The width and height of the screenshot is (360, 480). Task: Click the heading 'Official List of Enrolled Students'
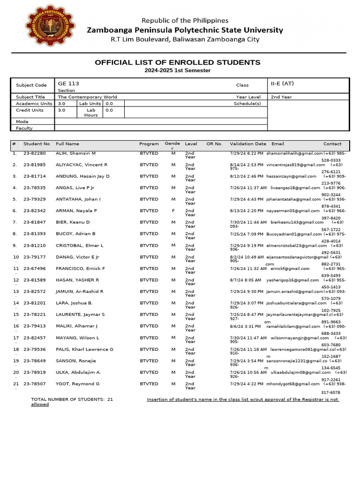tap(178, 62)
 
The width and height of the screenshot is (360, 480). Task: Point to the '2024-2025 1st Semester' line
tap(178, 70)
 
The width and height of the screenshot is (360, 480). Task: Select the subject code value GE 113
tap(68, 83)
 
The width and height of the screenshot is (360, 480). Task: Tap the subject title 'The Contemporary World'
tap(87, 97)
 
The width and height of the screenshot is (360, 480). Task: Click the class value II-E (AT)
tap(282, 83)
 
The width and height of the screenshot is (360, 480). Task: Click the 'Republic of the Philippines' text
tap(185, 21)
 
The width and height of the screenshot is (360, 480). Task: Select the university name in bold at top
tap(185, 30)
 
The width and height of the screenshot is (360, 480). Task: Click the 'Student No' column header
tap(37, 144)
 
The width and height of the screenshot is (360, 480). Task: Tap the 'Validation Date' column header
tap(248, 144)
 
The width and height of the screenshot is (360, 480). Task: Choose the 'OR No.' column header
tap(214, 144)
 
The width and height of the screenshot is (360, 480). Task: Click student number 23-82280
tap(35, 153)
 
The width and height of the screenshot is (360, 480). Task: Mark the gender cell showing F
tap(173, 211)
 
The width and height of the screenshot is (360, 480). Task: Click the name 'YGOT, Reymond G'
tap(77, 384)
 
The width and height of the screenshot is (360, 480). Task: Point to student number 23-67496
tap(35, 269)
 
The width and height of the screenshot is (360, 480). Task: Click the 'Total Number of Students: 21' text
tap(72, 399)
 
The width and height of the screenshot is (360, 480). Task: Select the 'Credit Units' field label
tap(30, 110)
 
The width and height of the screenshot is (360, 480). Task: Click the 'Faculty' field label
tap(24, 128)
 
